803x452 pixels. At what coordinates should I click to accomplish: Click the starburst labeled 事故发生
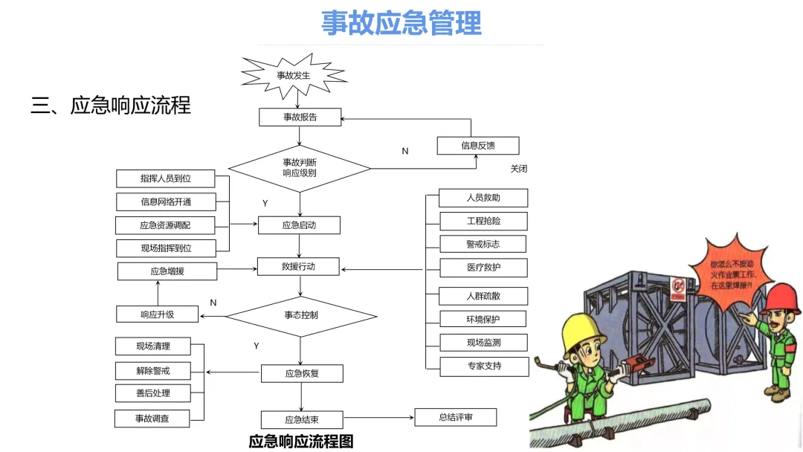[293, 74]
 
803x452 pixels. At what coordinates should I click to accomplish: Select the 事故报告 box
[300, 117]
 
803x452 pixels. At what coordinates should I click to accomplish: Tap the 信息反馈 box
[477, 146]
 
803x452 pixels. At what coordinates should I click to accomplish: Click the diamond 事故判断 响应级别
[300, 168]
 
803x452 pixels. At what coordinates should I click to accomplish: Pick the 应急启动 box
[299, 225]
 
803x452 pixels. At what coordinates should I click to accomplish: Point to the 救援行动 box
[298, 266]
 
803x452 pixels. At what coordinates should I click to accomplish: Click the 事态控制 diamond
[301, 315]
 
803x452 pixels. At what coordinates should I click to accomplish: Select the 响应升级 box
[157, 314]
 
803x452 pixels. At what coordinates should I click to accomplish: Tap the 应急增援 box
[167, 271]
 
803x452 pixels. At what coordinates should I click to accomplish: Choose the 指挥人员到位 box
[165, 178]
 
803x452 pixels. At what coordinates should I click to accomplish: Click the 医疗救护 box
[483, 268]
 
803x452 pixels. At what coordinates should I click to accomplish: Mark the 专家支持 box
[484, 366]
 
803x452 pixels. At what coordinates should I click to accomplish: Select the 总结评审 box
[455, 417]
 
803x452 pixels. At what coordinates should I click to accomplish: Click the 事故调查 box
[152, 419]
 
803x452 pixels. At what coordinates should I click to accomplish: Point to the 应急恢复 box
[302, 373]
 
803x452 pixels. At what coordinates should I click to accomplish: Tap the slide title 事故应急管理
[401, 23]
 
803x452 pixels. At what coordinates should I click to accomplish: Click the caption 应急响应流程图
[301, 442]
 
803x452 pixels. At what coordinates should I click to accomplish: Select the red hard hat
[781, 299]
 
